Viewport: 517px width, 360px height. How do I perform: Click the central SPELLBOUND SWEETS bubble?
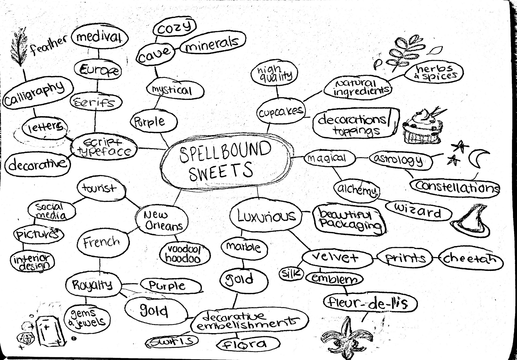(x=226, y=164)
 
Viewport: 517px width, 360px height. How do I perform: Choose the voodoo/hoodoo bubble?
(x=185, y=254)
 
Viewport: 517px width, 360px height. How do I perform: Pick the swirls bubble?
(x=172, y=341)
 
